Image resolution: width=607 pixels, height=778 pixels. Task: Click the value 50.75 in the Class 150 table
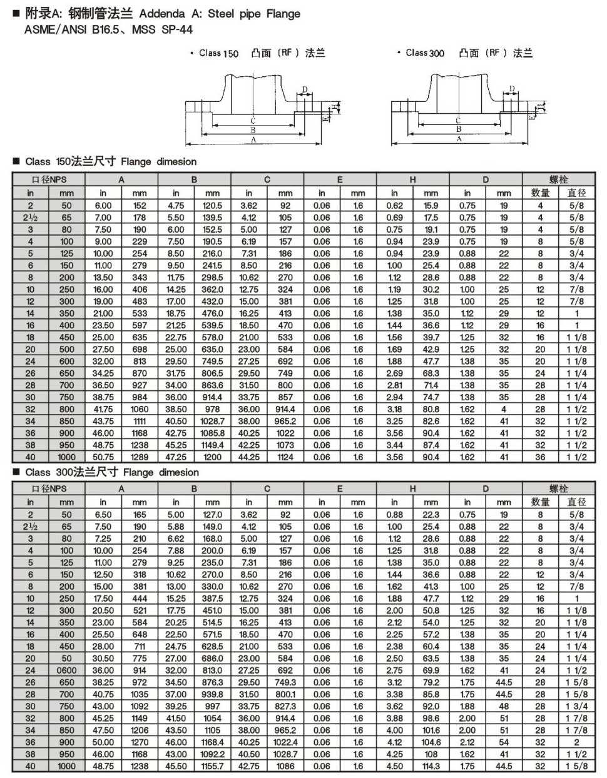103,457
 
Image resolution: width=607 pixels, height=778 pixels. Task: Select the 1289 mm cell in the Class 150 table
140,457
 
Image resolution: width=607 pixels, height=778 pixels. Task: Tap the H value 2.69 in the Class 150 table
394,373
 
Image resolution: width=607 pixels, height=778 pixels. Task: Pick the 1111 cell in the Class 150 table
140,422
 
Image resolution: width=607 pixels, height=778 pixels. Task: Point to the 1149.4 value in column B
212,445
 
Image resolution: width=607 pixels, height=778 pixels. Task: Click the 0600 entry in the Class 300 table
66,670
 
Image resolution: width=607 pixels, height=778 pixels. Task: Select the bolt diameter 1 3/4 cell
576,706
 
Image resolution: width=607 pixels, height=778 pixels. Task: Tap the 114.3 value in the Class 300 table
431,766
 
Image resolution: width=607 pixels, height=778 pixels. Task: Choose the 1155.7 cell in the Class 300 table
212,766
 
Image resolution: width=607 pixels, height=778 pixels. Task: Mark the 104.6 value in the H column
431,742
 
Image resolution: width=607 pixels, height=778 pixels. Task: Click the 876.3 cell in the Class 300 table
212,682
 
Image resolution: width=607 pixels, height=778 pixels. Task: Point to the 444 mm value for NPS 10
140,599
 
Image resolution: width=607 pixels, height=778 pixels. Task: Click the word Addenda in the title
162,14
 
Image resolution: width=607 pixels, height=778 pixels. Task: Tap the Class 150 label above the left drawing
218,54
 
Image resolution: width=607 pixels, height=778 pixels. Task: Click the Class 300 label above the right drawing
425,53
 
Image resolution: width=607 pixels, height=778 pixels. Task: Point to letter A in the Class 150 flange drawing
253,141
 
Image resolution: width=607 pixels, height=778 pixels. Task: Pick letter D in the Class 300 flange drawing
511,89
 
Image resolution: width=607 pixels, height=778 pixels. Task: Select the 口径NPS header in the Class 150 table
49,179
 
